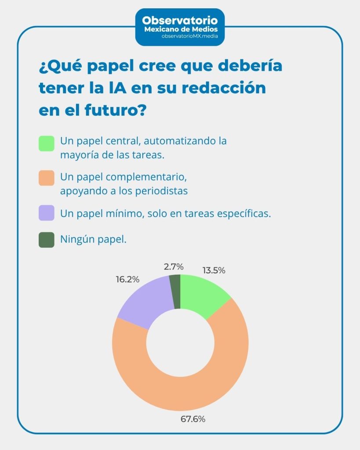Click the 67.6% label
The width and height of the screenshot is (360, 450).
point(193,419)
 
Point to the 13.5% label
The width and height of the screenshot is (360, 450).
point(214,271)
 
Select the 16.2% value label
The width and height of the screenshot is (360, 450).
point(128,279)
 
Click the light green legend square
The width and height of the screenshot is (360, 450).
point(46,144)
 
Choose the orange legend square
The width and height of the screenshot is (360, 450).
point(46,178)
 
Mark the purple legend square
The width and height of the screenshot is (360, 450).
point(46,213)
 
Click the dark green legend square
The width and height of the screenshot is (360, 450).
point(46,240)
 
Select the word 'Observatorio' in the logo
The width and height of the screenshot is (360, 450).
point(180,20)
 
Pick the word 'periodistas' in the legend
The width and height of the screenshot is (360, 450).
point(163,191)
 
